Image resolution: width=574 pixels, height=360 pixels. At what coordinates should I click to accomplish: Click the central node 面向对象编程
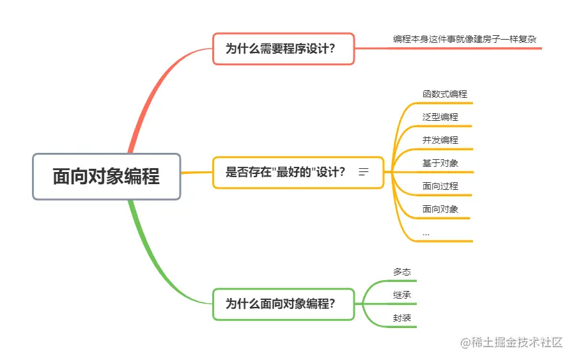[107, 176]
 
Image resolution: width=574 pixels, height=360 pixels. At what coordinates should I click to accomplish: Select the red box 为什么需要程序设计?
[283, 49]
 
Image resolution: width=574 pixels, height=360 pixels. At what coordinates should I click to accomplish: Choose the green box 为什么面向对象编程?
[283, 304]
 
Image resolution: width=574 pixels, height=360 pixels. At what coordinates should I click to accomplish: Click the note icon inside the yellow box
[364, 172]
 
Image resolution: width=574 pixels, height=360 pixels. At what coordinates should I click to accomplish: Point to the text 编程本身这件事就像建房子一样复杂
[464, 40]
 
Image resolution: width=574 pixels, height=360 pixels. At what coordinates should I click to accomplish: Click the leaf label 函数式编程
[444, 94]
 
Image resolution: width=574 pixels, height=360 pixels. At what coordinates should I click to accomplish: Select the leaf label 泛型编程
[440, 117]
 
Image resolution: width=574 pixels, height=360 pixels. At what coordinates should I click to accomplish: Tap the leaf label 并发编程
[440, 140]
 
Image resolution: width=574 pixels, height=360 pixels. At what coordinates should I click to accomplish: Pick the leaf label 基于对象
[440, 163]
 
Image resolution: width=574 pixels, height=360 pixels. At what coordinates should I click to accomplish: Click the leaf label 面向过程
[440, 186]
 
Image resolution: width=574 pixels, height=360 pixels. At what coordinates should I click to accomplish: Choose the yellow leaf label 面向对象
[440, 209]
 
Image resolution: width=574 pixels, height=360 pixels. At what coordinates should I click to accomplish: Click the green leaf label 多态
[402, 272]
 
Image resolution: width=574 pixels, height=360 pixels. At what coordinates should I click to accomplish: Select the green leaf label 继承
[402, 295]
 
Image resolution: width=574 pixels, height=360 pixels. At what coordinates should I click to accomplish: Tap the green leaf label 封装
[402, 318]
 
